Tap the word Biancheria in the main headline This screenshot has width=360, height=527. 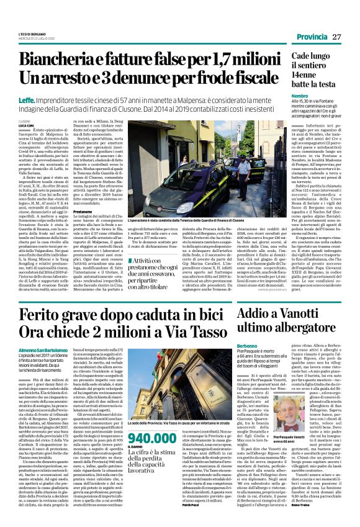(54, 60)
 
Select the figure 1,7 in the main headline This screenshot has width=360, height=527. (199, 60)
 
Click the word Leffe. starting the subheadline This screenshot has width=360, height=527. (26, 99)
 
